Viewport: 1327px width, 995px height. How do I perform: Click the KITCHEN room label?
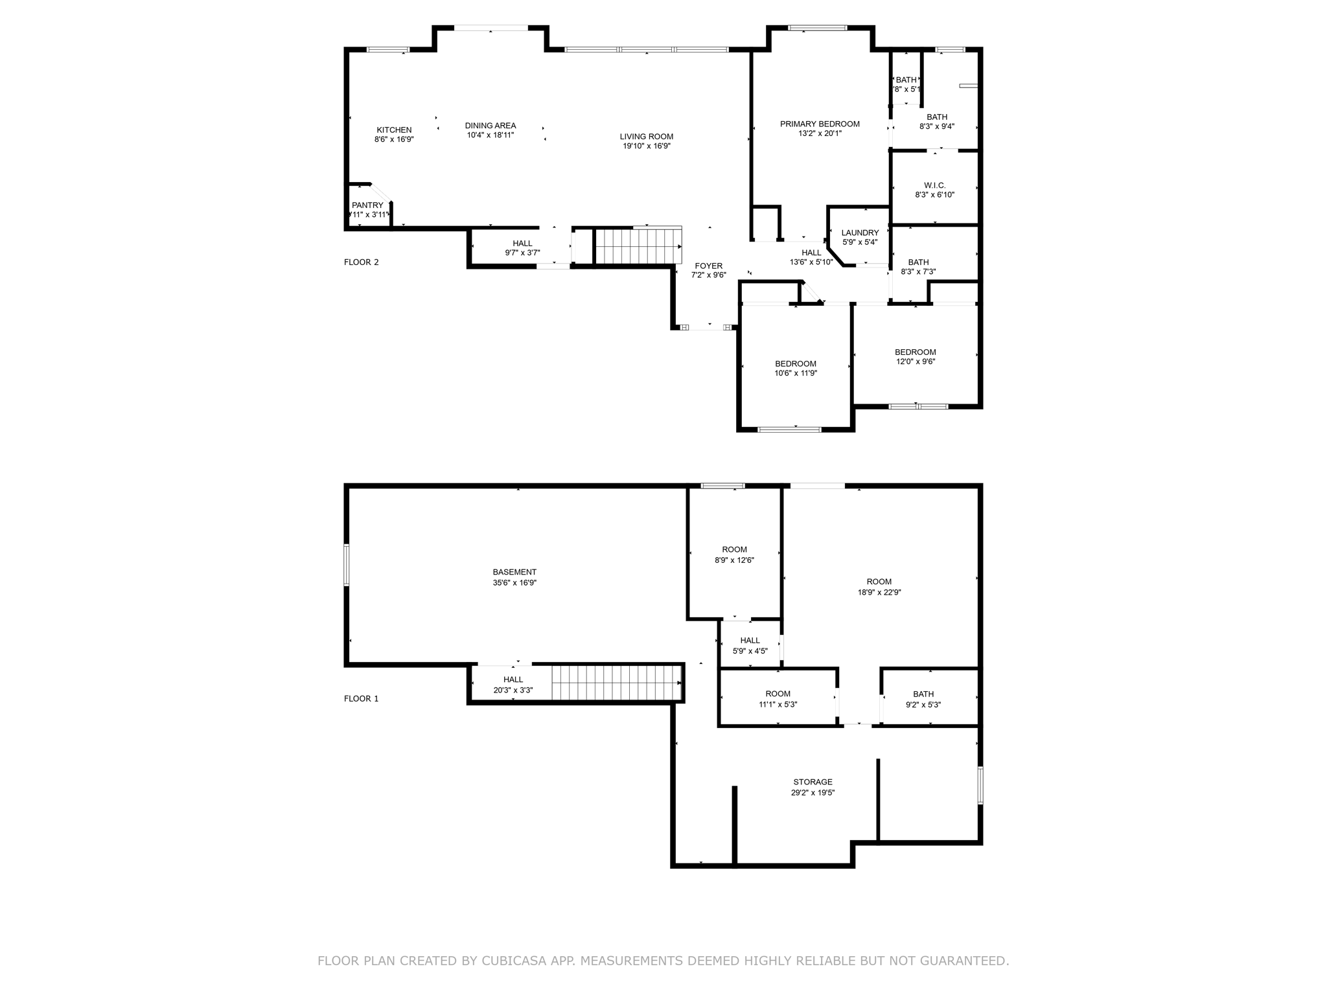pos(394,130)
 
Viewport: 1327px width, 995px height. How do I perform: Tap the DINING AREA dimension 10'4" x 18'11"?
pos(490,135)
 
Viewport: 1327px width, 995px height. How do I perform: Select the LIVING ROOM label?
pos(646,137)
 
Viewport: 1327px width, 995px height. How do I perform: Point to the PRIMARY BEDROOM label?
pos(820,124)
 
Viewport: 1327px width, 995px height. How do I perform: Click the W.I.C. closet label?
pos(934,185)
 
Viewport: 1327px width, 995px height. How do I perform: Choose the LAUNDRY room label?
pos(860,233)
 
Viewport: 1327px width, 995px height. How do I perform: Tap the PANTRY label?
pos(367,205)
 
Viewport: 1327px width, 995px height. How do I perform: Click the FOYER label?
pos(708,266)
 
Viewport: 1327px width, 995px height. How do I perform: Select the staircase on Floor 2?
pos(638,246)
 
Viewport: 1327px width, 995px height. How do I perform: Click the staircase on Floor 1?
pos(616,683)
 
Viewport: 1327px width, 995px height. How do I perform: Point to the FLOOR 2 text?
pos(361,262)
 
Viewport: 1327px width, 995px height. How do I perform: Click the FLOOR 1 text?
pos(361,699)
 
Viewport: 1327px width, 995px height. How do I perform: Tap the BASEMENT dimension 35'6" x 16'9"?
pos(514,583)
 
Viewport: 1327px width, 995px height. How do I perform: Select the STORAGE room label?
pos(813,782)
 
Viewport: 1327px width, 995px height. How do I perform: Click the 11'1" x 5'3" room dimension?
pos(778,704)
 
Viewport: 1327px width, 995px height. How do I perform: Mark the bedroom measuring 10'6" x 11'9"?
pos(796,369)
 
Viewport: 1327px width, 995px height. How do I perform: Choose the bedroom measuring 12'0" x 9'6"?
pos(915,357)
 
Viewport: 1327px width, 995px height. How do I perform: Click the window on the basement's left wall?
pos(347,565)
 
